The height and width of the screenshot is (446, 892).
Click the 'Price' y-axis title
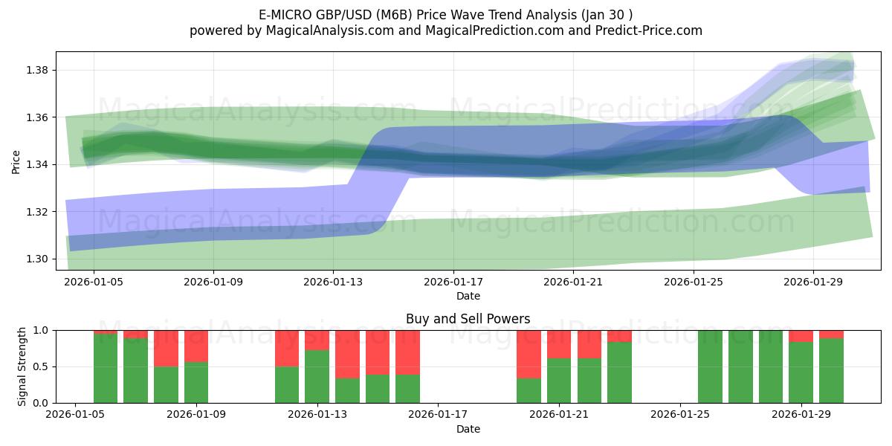pyautogui.click(x=16, y=161)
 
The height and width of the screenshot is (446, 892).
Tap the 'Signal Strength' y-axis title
pyautogui.click(x=22, y=366)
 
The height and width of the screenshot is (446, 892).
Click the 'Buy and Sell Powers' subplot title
pyautogui.click(x=468, y=319)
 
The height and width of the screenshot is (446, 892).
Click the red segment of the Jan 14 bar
pyautogui.click(x=347, y=354)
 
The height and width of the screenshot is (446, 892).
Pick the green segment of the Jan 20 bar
pyautogui.click(x=529, y=390)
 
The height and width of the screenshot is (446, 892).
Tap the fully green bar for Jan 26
pyautogui.click(x=710, y=366)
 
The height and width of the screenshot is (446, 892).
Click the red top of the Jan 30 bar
pyautogui.click(x=831, y=334)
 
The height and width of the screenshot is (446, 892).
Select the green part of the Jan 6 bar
pyautogui.click(x=106, y=369)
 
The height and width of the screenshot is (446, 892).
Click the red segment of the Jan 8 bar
pyautogui.click(x=166, y=348)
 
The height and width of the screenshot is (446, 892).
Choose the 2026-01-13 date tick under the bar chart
pyautogui.click(x=317, y=415)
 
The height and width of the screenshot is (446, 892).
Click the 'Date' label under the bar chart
pyautogui.click(x=468, y=429)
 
